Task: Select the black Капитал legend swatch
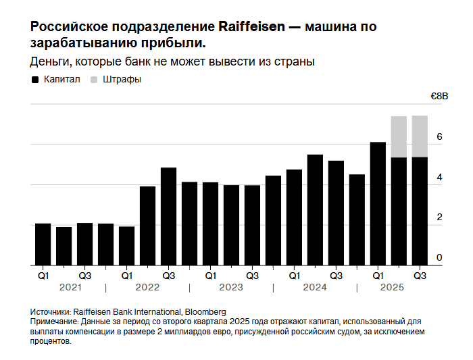click(x=35, y=80)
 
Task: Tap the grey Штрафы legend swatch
click(x=93, y=80)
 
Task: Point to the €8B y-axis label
click(x=439, y=97)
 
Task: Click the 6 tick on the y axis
click(x=439, y=136)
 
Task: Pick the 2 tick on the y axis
click(x=439, y=217)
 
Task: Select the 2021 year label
click(x=70, y=288)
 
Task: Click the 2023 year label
click(x=231, y=288)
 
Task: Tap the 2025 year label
click(x=392, y=288)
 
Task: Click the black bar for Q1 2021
click(x=43, y=244)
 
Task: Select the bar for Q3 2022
click(x=168, y=216)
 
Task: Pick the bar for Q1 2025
click(x=378, y=203)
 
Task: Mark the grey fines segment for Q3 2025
click(x=420, y=136)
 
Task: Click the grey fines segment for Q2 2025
click(x=399, y=136)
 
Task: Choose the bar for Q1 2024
click(x=294, y=217)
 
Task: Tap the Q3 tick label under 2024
click(x=336, y=276)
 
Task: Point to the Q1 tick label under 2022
click(x=126, y=276)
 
